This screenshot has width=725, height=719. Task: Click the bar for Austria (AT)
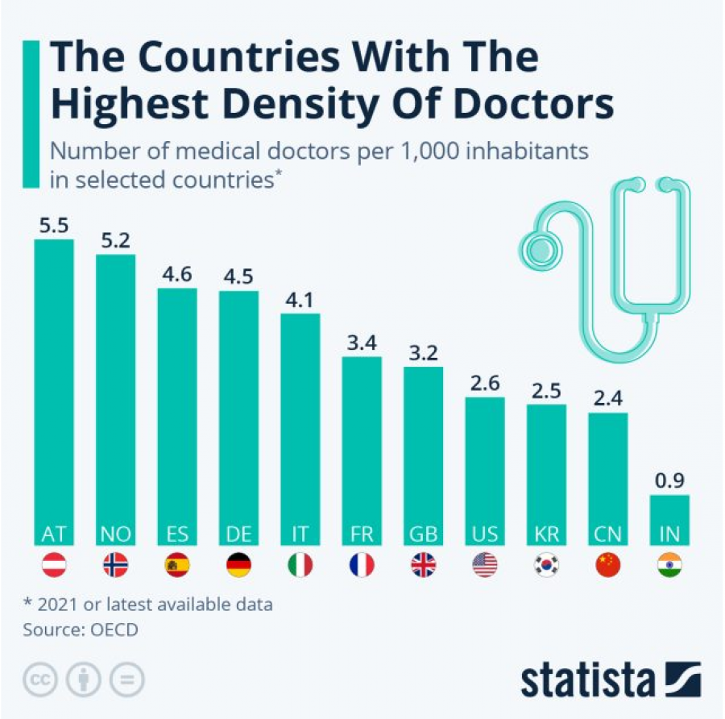[54, 387]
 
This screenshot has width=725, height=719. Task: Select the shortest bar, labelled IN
[669, 516]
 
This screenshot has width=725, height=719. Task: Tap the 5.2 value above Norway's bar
[115, 240]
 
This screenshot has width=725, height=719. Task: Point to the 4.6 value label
[176, 274]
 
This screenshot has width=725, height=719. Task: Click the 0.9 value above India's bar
[669, 481]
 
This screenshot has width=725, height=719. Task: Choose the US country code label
[485, 534]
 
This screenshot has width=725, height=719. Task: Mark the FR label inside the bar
[362, 534]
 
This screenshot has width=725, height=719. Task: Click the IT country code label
[300, 534]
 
